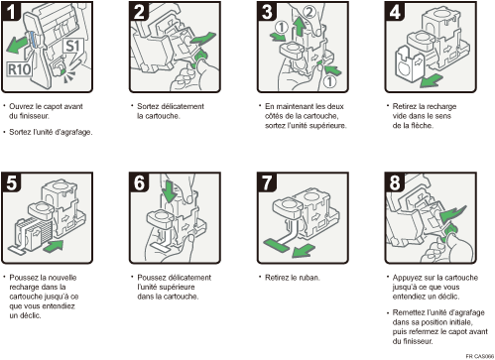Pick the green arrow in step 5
56,242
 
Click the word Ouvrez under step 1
24,104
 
